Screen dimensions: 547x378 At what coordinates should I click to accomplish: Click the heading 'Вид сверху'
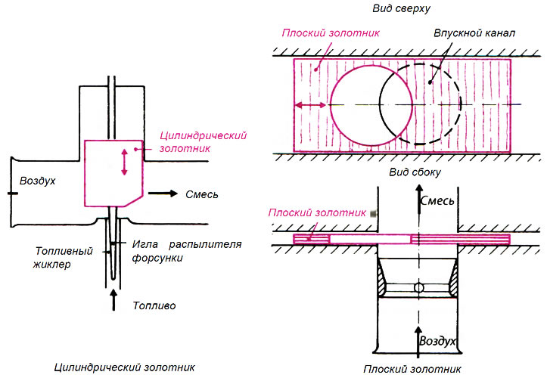401,9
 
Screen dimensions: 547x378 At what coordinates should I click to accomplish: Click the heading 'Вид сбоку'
415,172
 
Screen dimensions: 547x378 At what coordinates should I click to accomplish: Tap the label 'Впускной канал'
474,33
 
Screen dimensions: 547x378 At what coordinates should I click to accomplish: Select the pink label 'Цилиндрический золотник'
203,141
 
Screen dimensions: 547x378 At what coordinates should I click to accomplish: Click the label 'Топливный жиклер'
64,257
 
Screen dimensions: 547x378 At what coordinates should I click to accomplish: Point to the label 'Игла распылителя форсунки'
187,251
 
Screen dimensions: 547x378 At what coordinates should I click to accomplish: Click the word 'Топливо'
154,306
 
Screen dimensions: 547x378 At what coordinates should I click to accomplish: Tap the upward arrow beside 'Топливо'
113,300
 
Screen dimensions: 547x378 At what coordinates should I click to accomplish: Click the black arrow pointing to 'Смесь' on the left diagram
163,194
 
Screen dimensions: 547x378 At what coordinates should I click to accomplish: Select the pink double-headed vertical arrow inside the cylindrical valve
124,162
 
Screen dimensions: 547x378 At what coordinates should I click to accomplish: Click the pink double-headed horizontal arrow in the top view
309,105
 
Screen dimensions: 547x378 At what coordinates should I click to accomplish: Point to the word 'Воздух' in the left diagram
37,181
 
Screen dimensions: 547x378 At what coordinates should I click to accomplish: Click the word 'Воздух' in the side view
437,341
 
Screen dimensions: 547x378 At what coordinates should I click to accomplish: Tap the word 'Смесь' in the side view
437,201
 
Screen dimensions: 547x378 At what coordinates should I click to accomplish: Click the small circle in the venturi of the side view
418,288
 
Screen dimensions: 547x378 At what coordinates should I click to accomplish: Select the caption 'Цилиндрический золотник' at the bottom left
125,367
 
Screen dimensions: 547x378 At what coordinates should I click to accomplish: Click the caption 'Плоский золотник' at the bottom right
412,369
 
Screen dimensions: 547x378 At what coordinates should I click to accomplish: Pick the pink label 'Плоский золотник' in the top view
331,33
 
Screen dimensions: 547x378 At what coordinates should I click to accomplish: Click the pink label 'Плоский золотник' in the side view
317,212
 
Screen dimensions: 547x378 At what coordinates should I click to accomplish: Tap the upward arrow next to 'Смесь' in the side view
418,200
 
